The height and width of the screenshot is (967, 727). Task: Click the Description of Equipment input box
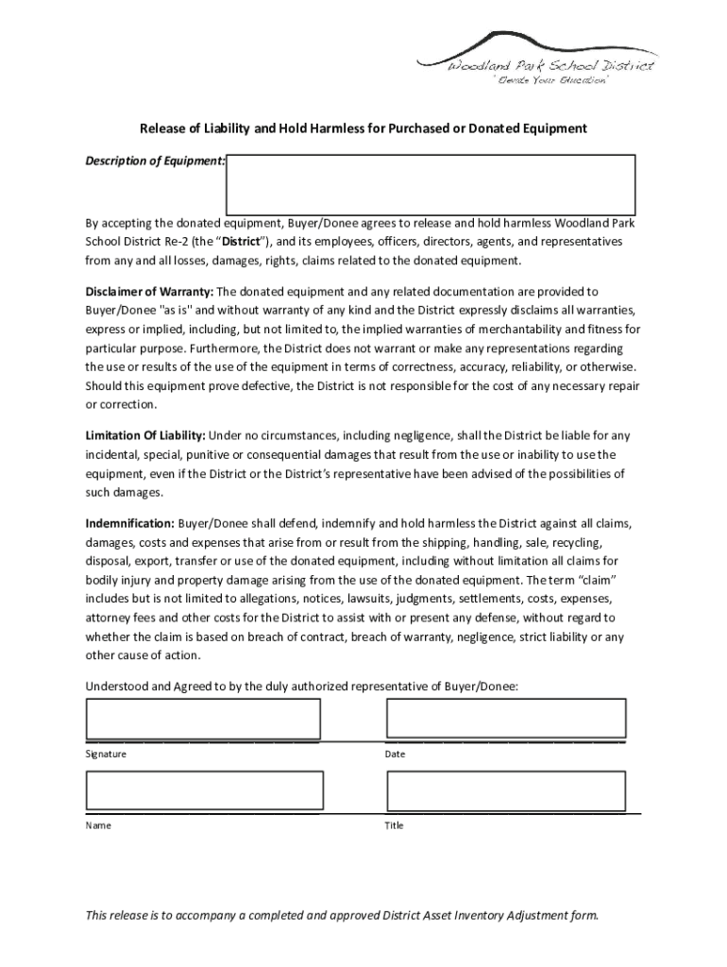click(430, 184)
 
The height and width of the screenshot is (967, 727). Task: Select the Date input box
click(505, 719)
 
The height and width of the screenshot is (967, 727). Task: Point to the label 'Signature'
click(106, 755)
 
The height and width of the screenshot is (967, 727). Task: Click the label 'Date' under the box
click(395, 755)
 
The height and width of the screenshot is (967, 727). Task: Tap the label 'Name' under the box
click(98, 825)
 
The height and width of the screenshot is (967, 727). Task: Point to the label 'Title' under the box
click(394, 825)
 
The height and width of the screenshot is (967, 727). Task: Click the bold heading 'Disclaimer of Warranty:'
click(149, 292)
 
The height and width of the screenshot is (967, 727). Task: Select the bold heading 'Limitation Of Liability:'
click(145, 435)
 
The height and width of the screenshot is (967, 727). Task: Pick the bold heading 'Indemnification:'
click(129, 522)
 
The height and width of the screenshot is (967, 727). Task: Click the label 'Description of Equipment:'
click(155, 161)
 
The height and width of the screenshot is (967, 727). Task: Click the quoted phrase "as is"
click(177, 310)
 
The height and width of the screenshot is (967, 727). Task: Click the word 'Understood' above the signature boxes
click(116, 686)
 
